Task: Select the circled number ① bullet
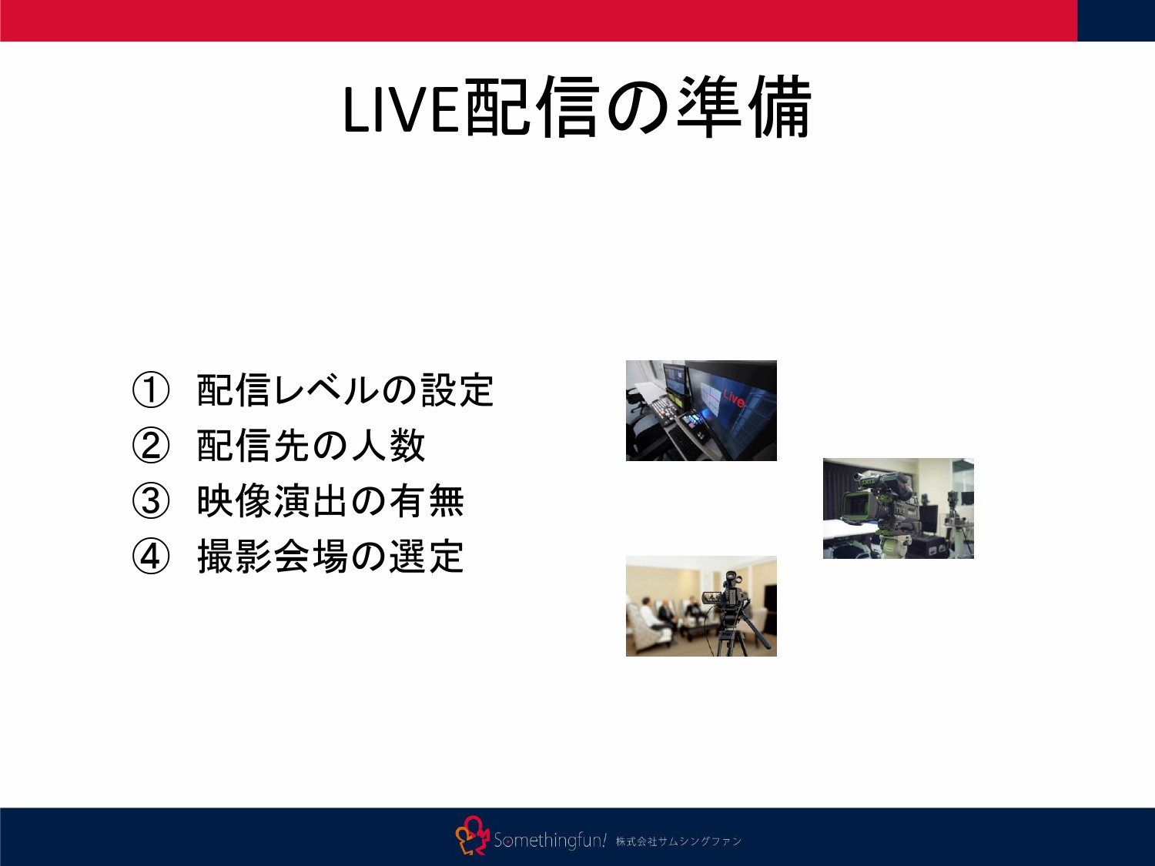150,390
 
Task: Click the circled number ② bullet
150,446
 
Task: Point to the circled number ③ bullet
150,501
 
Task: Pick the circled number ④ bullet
150,557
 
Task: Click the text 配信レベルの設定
345,390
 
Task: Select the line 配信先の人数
311,446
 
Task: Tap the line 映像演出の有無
330,501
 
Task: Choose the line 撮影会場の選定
330,557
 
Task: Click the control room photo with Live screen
701,410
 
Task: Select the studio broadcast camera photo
898,508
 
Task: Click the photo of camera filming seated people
701,606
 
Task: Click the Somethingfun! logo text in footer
550,840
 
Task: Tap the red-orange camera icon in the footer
472,836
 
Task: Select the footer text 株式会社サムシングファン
678,841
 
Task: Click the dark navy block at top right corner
1116,20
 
